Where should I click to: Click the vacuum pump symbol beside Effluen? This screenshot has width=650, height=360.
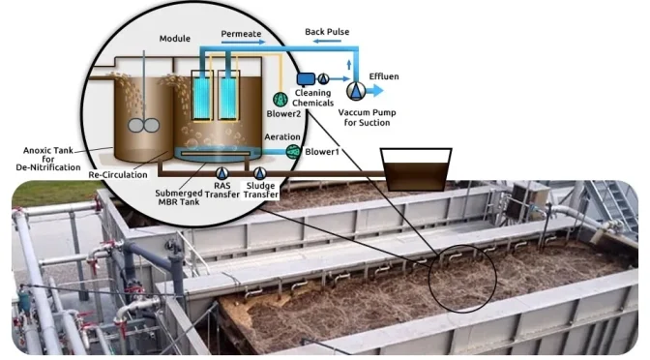point(357,91)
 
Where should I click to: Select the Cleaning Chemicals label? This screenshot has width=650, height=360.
point(313,97)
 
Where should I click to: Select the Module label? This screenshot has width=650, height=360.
point(175,39)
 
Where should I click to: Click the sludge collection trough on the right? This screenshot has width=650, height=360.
point(415,168)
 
